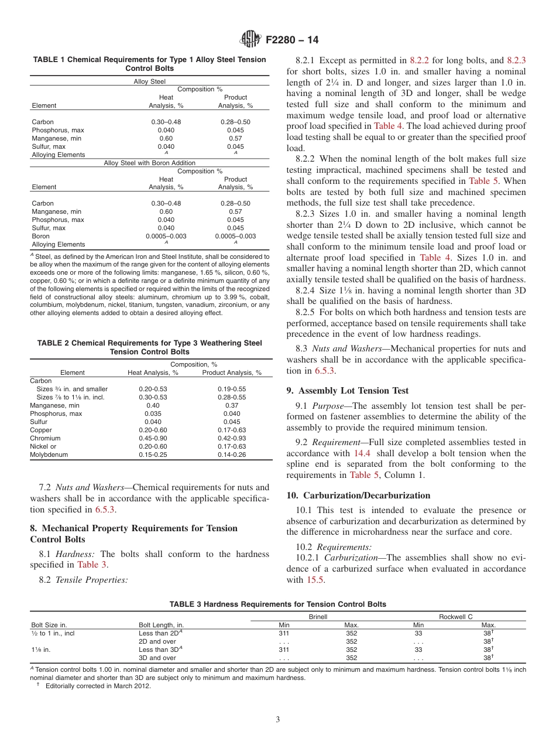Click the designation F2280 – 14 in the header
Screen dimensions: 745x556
click(x=292, y=40)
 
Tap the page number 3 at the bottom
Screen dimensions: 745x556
click(x=278, y=719)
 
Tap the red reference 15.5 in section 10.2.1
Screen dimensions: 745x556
click(x=314, y=580)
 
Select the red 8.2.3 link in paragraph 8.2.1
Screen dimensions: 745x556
click(x=516, y=60)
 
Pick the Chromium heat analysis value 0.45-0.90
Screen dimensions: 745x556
click(x=153, y=438)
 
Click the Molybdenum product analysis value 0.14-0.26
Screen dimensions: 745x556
click(x=232, y=454)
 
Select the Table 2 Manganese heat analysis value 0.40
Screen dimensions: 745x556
click(x=153, y=405)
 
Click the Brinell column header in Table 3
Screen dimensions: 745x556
click(x=318, y=617)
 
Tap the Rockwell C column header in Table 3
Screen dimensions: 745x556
click(x=455, y=617)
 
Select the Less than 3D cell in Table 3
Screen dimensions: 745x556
click(x=160, y=650)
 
